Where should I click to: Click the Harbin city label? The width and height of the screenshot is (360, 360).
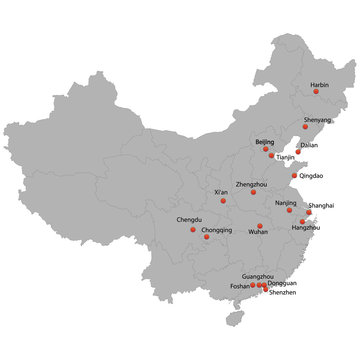click(319, 85)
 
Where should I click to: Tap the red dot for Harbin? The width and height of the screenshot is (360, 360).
click(316, 92)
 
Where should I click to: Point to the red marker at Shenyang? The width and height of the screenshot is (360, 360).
click(306, 127)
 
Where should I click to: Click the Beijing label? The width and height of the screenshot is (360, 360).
click(265, 142)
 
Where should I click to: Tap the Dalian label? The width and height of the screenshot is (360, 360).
click(308, 145)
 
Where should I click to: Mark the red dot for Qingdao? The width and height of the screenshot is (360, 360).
click(293, 175)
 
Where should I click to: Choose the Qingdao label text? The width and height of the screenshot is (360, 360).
click(311, 175)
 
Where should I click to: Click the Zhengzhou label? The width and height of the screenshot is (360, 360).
click(251, 184)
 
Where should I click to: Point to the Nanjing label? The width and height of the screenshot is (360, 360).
click(285, 202)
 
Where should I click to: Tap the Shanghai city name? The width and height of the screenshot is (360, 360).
click(322, 204)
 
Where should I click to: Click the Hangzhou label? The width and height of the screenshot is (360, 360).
click(305, 228)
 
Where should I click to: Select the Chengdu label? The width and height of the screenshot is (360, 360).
click(189, 219)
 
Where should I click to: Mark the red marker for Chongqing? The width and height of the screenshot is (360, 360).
click(207, 236)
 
